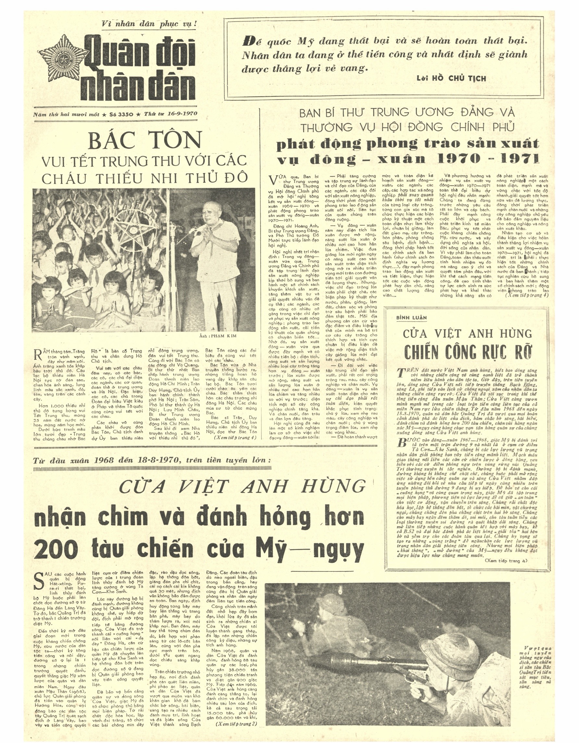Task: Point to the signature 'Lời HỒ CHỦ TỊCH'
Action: (x=451, y=78)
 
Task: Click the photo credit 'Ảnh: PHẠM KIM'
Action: (x=218, y=336)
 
